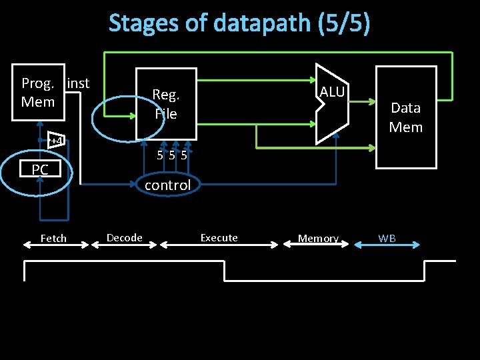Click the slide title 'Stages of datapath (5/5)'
click(x=239, y=23)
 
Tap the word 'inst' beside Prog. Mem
click(x=78, y=83)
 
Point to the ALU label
click(x=332, y=92)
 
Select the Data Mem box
click(x=406, y=117)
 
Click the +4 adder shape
click(x=57, y=141)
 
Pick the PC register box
click(x=40, y=170)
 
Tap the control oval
click(x=167, y=185)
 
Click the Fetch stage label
click(x=53, y=238)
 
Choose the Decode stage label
click(x=125, y=237)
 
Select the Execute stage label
click(x=219, y=237)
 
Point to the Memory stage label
click(x=318, y=238)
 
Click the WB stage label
click(x=387, y=237)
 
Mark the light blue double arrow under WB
click(x=387, y=245)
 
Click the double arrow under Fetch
click(x=56, y=245)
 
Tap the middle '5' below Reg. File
click(x=171, y=156)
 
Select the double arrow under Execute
click(x=219, y=245)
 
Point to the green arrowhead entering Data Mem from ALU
click(x=372, y=103)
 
